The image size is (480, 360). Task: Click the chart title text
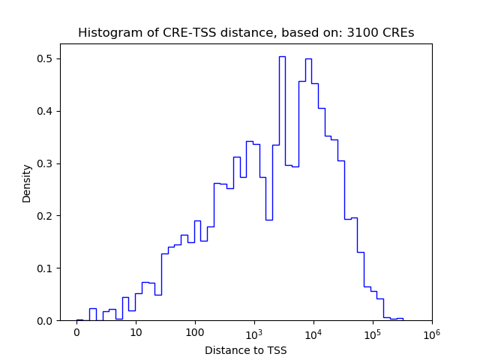pyautogui.click(x=245, y=33)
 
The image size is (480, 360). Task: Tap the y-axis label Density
pyautogui.click(x=27, y=183)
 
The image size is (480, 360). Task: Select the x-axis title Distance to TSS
pyautogui.click(x=245, y=350)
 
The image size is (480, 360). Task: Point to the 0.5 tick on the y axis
pyautogui.click(x=46, y=58)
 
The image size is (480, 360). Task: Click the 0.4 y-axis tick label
pyautogui.click(x=46, y=111)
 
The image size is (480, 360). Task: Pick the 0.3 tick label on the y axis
pyautogui.click(x=46, y=163)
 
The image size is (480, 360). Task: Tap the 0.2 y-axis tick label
pyautogui.click(x=46, y=216)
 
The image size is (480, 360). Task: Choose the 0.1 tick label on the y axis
pyautogui.click(x=46, y=268)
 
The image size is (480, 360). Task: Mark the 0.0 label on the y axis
pyautogui.click(x=46, y=321)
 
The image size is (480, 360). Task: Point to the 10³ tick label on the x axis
pyautogui.click(x=253, y=332)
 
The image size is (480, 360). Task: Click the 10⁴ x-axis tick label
pyautogui.click(x=313, y=332)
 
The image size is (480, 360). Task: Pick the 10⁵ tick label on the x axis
pyautogui.click(x=372, y=332)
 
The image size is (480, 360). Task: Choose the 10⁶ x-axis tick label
pyautogui.click(x=431, y=332)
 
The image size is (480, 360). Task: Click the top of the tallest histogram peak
pyautogui.click(x=282, y=56)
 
